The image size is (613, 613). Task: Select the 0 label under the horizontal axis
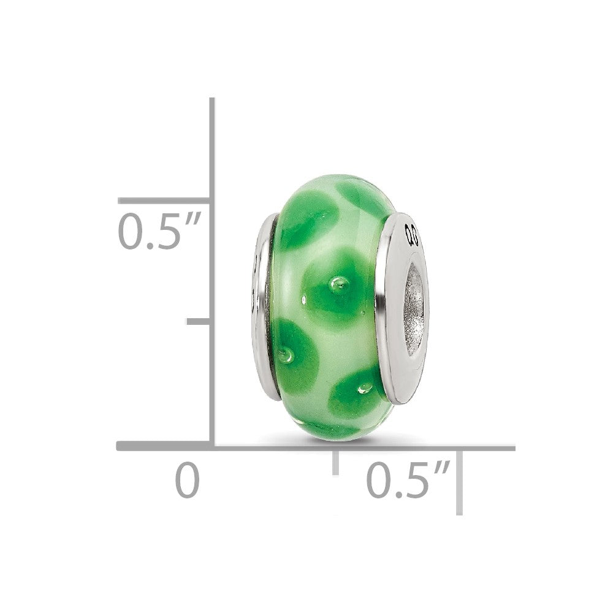pos(188,481)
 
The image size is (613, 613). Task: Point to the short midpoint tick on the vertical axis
pos(199,321)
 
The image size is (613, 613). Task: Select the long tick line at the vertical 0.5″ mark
pos(164,200)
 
